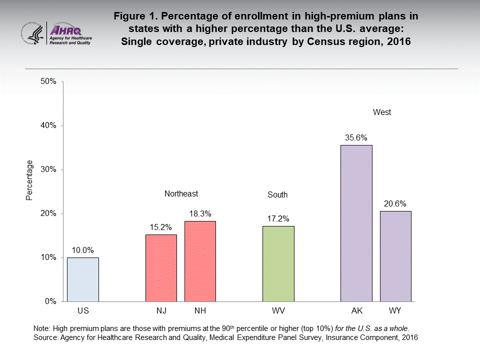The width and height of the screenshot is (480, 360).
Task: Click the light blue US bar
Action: coord(83,279)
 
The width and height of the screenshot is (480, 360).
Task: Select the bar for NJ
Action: coord(161,268)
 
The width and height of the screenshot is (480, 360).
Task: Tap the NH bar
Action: coord(200,261)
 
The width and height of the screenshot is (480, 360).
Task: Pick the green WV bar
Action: coord(278,263)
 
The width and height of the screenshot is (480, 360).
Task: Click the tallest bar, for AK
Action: coord(356,223)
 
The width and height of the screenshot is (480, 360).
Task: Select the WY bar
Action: coord(395,256)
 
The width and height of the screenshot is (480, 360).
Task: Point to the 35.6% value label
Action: coord(356,137)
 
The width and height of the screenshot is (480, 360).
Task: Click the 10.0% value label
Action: coord(83,250)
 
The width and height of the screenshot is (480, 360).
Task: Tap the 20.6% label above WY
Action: coord(395,203)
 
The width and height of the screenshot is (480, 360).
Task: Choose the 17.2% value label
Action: coord(278,218)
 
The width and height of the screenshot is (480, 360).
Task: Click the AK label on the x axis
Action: coord(356,311)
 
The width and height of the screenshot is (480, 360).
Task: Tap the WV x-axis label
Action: coord(278,311)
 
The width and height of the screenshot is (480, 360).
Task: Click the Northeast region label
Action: coord(181,193)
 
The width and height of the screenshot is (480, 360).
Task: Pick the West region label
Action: coord(382,112)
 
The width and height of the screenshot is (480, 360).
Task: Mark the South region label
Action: coord(278,195)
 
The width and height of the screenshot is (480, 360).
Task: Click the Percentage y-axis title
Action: coord(29,180)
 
